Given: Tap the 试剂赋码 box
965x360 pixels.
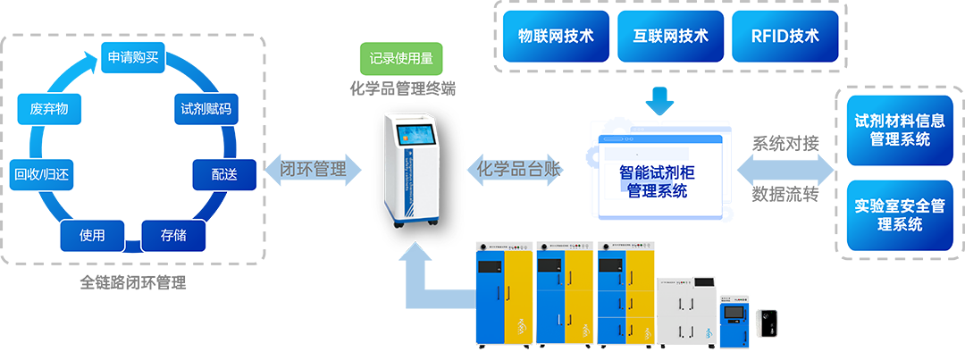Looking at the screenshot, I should pyautogui.click(x=206, y=109).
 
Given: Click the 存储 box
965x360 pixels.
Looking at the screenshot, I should pyautogui.click(x=173, y=236).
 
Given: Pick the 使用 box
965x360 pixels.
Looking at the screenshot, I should pyautogui.click(x=92, y=236).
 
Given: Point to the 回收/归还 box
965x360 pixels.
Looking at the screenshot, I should pyautogui.click(x=42, y=175).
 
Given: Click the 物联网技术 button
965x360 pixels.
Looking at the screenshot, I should pyautogui.click(x=556, y=37).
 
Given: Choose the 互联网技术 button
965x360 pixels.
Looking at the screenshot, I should pyautogui.click(x=670, y=37).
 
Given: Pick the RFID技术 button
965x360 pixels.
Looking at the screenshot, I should pyautogui.click(x=785, y=37).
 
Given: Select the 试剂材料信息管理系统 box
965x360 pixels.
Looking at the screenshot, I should pyautogui.click(x=899, y=130).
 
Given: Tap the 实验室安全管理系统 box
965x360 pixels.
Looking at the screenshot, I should pyautogui.click(x=899, y=215).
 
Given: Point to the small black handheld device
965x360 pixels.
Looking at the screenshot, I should pyautogui.click(x=768, y=325).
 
